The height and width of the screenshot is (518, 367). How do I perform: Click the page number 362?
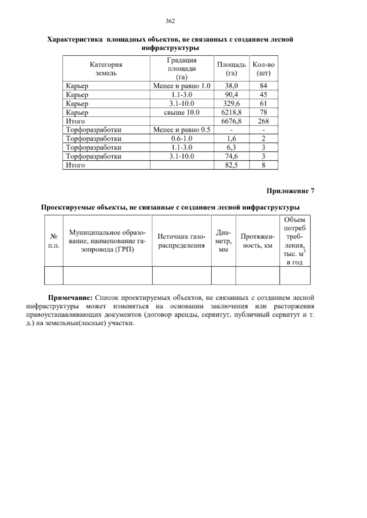click(170, 21)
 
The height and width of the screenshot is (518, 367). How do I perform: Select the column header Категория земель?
click(106, 69)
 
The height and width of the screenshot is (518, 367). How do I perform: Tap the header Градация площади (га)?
click(182, 69)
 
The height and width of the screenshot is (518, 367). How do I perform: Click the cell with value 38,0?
click(232, 86)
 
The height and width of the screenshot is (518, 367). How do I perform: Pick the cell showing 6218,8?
click(232, 112)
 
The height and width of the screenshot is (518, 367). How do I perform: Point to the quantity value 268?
click(263, 121)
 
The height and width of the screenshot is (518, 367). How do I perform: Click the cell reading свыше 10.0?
click(182, 112)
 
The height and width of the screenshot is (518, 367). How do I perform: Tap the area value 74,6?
click(232, 156)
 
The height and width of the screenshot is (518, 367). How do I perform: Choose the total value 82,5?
click(232, 165)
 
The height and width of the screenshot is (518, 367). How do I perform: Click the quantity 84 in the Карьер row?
click(263, 86)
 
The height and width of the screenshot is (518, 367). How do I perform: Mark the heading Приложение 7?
click(291, 191)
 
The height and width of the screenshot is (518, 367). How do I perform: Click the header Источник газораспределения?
click(181, 241)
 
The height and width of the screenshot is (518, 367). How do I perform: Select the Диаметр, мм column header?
click(224, 241)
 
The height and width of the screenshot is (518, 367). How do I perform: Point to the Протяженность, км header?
click(258, 241)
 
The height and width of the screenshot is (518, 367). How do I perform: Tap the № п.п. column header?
click(54, 241)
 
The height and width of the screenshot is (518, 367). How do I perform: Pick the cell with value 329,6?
click(232, 104)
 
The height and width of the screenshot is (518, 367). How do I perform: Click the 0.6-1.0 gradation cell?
click(182, 139)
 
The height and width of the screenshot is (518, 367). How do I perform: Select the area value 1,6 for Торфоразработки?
click(232, 139)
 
